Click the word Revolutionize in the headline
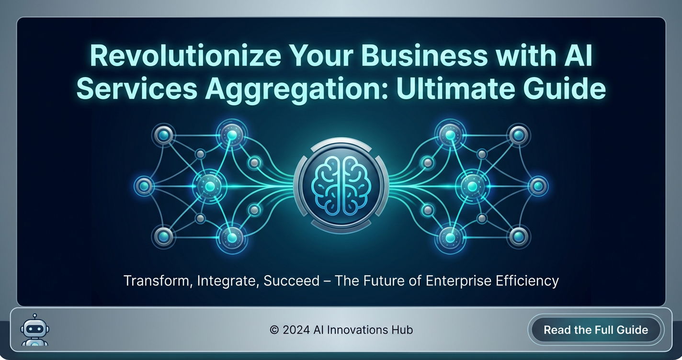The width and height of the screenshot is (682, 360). pyautogui.click(x=185, y=56)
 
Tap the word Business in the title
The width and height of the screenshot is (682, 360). pyautogui.click(x=424, y=56)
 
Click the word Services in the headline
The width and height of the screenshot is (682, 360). pyautogui.click(x=136, y=89)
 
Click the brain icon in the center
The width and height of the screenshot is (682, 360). pyautogui.click(x=341, y=186)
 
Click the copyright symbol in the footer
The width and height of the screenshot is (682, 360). pyautogui.click(x=274, y=330)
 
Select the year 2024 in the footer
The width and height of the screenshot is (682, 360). pyautogui.click(x=296, y=330)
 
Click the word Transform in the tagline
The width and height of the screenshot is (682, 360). pyautogui.click(x=158, y=281)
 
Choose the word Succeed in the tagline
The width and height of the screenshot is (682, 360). pyautogui.click(x=291, y=281)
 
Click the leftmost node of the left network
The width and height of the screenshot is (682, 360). pyautogui.click(x=144, y=186)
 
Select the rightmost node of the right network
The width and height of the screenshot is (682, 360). pyautogui.click(x=538, y=186)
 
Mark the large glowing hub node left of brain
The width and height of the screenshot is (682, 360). pyautogui.click(x=210, y=186)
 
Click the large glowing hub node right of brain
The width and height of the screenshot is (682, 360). pyautogui.click(x=473, y=186)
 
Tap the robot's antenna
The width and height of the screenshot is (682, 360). pyautogui.click(x=34, y=317)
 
